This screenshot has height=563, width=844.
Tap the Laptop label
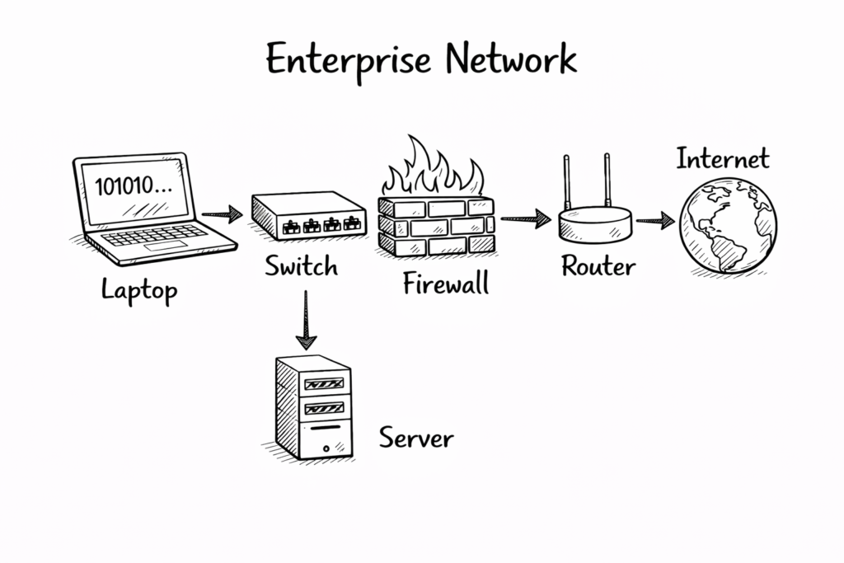[x=140, y=290]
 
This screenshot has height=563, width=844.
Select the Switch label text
[x=302, y=266]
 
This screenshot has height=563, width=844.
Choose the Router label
[x=598, y=266]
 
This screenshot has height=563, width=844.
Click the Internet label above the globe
[x=723, y=158]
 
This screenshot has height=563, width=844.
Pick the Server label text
[x=416, y=437]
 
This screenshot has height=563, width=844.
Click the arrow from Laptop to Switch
[x=222, y=215]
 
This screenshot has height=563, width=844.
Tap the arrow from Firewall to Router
[x=525, y=218]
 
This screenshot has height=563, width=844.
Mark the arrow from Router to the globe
[x=656, y=220]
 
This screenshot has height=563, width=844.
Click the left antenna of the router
[x=567, y=179]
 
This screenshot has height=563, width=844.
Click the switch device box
[x=308, y=215]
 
